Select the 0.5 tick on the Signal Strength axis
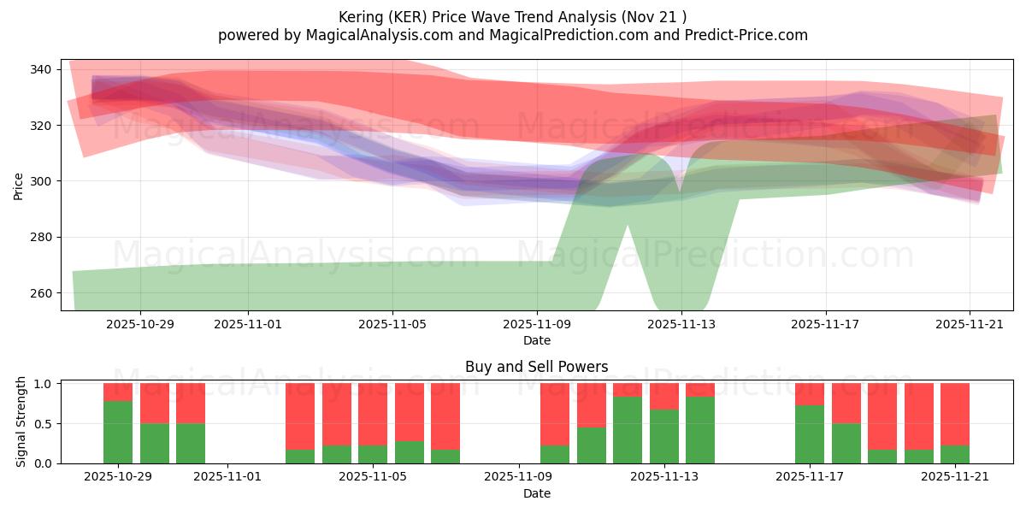44,423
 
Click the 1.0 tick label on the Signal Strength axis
44,384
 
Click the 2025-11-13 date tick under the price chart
681,325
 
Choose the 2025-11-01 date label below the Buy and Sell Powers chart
228,477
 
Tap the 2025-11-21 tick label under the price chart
970,325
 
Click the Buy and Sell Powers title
536,367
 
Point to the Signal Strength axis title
21,423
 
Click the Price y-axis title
19,185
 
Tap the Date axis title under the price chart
536,340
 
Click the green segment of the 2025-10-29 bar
118,432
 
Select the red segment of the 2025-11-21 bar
955,414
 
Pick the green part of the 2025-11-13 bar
664,436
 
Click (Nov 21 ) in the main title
654,17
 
